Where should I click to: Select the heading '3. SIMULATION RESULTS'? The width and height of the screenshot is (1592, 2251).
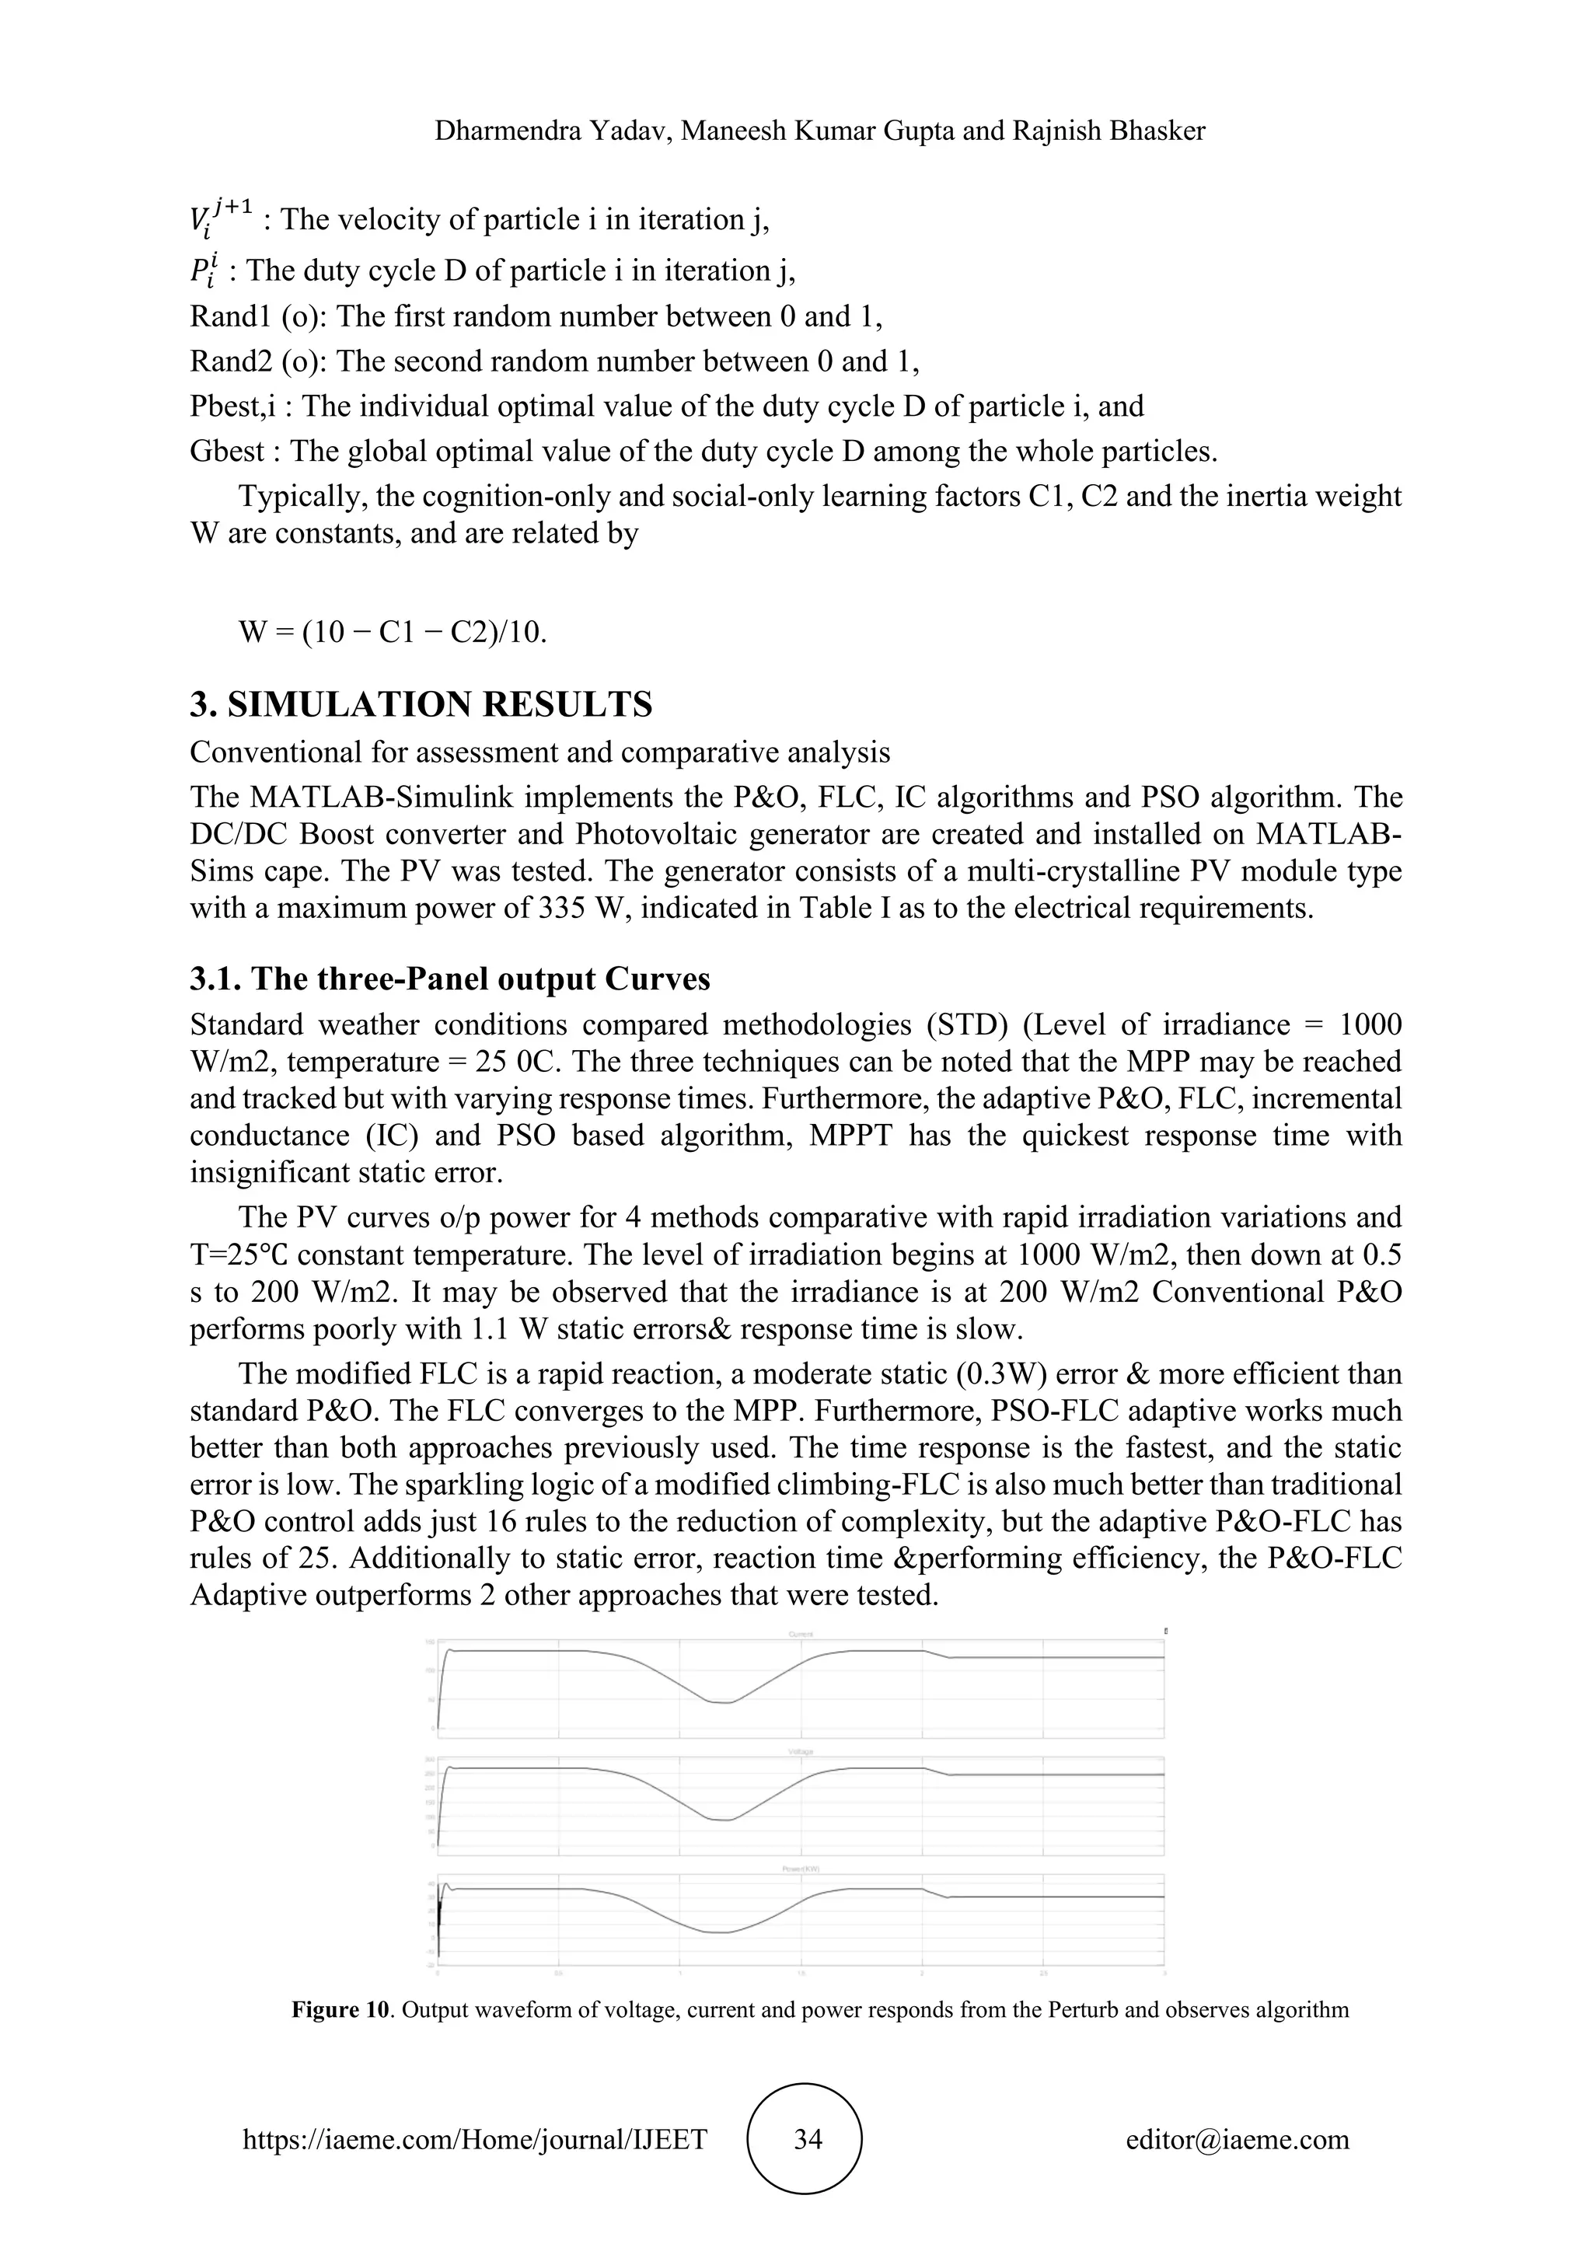point(421,704)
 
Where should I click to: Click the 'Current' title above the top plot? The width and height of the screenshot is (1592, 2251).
point(801,1635)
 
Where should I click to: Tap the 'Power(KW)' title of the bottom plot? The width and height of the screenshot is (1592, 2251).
point(801,1869)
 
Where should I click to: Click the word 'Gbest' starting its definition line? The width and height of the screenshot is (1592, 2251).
point(226,451)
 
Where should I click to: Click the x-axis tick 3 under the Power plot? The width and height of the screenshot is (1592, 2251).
point(1164,1972)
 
